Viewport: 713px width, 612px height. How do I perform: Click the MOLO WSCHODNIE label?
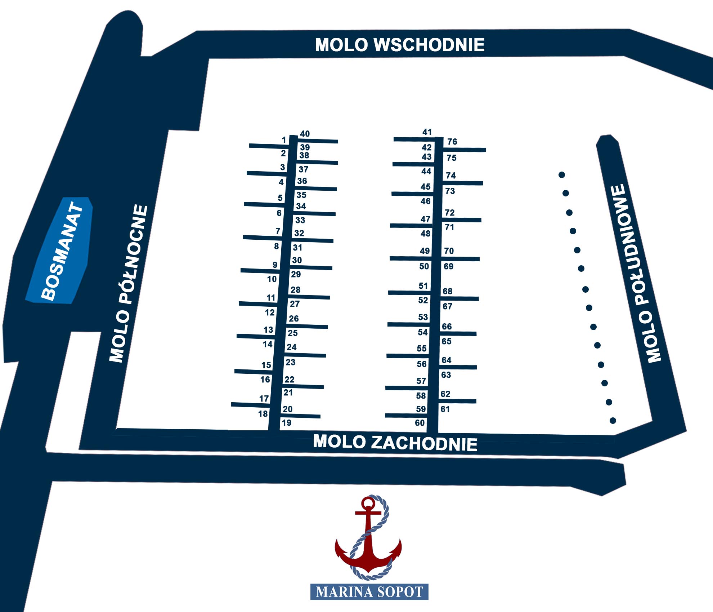[x=400, y=45]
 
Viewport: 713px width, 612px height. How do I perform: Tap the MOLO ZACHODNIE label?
[x=395, y=443]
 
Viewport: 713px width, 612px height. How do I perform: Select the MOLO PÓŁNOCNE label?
[x=129, y=284]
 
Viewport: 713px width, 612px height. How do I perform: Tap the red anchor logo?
[x=368, y=537]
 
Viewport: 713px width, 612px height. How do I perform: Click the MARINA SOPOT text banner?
[x=369, y=592]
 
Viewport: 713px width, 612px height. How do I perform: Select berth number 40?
[x=305, y=134]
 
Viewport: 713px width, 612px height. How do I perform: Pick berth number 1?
[x=284, y=140]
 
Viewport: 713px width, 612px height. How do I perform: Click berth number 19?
[x=287, y=423]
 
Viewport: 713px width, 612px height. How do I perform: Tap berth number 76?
[x=452, y=142]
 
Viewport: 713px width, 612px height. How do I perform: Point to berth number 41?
[x=427, y=132]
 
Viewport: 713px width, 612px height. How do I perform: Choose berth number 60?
[x=420, y=423]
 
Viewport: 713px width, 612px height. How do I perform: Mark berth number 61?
[x=445, y=409]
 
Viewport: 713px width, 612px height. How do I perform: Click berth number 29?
[x=296, y=274]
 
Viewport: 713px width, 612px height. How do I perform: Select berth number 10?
[x=272, y=279]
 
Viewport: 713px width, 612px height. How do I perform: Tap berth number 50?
[x=424, y=266]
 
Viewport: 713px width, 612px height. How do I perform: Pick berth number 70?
[x=449, y=251]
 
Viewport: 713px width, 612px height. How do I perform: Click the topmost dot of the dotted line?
[x=562, y=175]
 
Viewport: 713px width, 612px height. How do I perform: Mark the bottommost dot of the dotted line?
[x=613, y=421]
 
